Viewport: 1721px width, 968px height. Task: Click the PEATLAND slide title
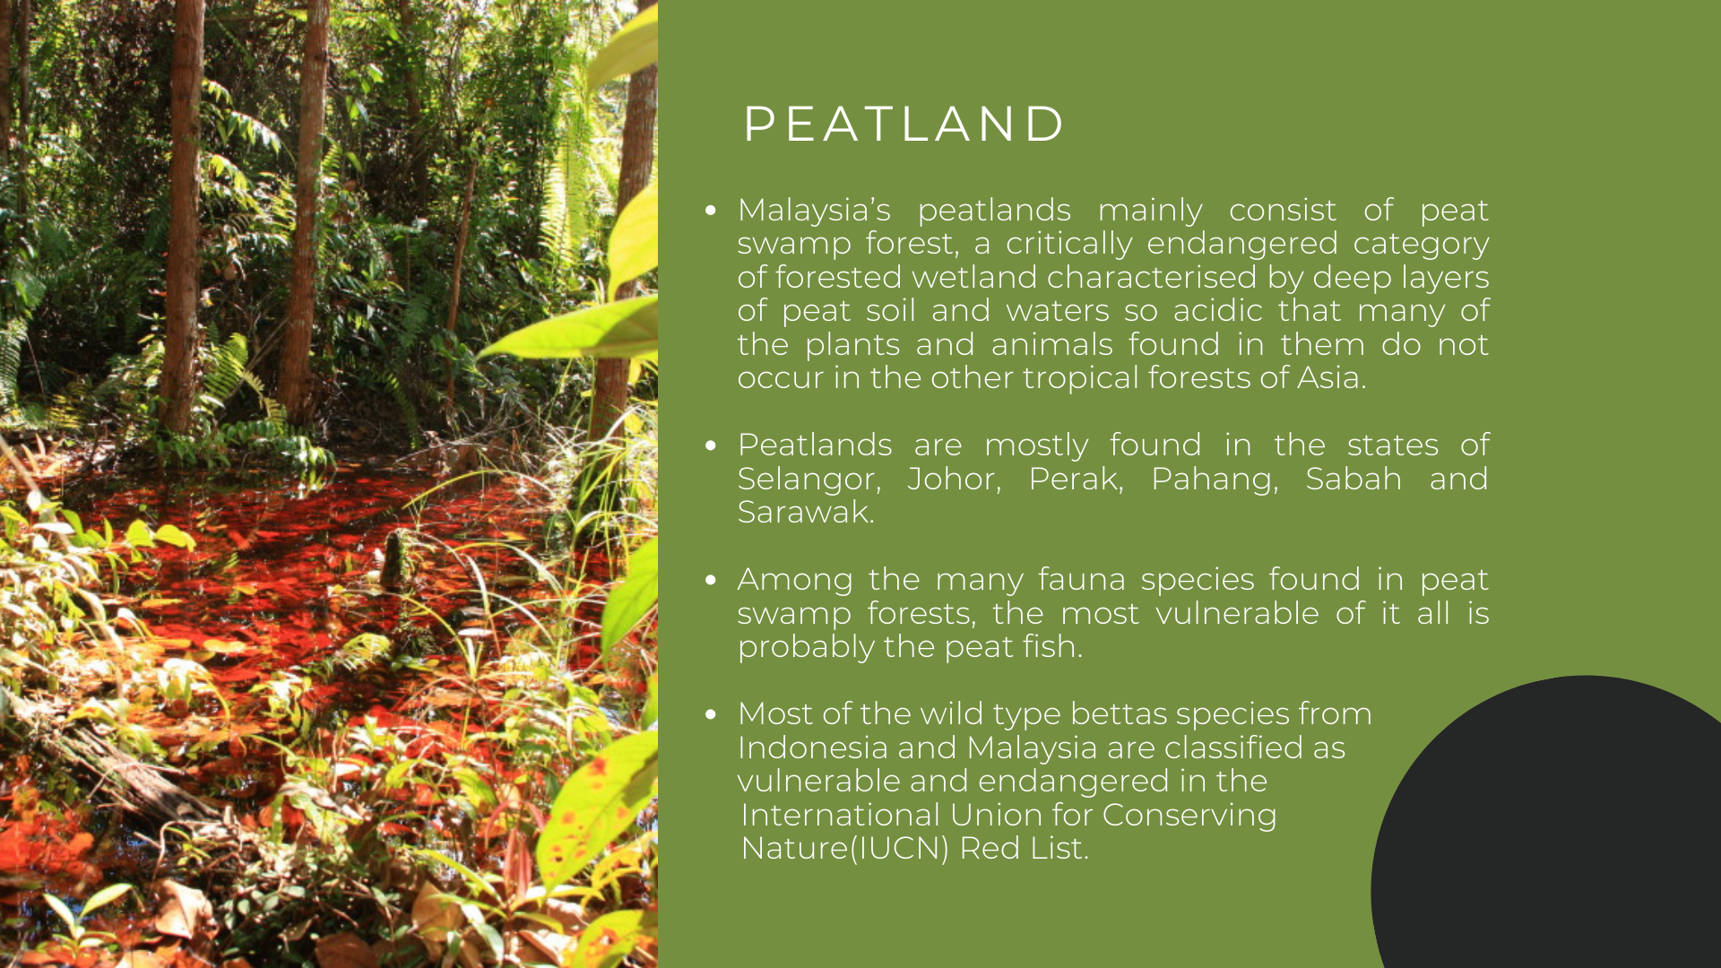(x=904, y=124)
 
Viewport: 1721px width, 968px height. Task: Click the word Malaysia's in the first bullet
(x=814, y=212)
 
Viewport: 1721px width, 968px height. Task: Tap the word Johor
(x=955, y=480)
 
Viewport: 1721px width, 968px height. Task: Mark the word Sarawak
(x=805, y=513)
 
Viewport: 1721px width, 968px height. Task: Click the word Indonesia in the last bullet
(x=813, y=748)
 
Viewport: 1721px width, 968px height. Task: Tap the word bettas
(x=1119, y=714)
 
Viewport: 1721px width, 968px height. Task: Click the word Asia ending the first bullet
(x=1331, y=378)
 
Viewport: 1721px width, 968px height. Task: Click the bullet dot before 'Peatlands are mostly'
(x=711, y=445)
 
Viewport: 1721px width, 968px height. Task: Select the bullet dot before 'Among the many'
(x=711, y=580)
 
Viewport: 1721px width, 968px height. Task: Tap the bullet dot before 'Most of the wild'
(x=711, y=714)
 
